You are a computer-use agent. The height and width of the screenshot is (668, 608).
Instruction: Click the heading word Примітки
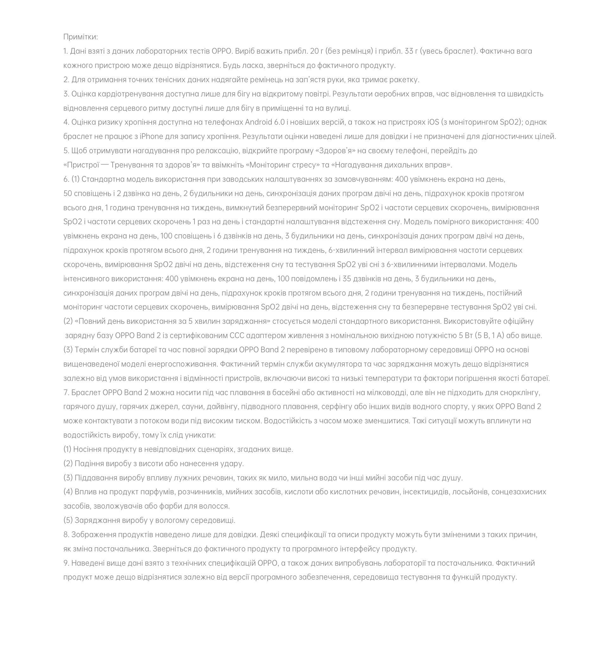[80, 37]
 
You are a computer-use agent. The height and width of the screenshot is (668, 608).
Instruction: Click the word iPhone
[151, 137]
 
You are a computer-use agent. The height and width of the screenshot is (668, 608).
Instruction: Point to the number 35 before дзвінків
[347, 279]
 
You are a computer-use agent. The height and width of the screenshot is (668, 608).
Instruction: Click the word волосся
[215, 506]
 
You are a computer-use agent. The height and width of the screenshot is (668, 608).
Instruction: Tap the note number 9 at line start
[66, 563]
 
